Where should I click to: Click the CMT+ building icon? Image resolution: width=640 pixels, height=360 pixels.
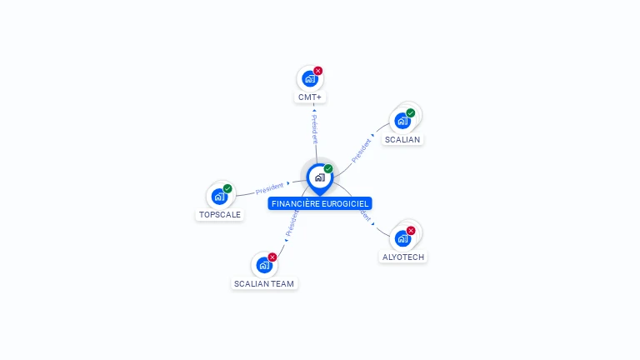tap(310, 79)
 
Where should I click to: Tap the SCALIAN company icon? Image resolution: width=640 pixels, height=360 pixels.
tap(402, 120)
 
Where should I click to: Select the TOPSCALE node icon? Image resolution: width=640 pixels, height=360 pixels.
tap(219, 197)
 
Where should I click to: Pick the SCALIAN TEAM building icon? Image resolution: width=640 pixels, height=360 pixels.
tap(264, 265)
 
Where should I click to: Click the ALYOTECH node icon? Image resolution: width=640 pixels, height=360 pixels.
tap(402, 238)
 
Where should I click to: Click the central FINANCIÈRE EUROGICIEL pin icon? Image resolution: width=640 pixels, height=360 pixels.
tap(319, 177)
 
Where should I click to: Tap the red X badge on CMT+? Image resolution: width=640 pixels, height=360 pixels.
tap(318, 71)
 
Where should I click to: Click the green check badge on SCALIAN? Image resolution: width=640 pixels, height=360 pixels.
tap(411, 112)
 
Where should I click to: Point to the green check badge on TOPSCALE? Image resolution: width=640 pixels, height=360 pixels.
tap(227, 188)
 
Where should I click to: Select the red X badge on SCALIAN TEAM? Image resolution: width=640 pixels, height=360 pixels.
tap(272, 257)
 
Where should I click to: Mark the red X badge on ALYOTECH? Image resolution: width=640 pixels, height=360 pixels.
tap(411, 230)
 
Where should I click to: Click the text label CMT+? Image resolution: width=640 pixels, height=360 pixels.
tap(310, 97)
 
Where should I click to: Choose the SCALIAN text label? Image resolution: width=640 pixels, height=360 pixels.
tap(402, 139)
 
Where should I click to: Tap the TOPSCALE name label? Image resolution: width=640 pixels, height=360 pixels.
tap(220, 214)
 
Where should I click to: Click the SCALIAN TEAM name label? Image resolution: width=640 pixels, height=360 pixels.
tap(264, 283)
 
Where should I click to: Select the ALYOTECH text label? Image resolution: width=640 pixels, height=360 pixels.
tap(403, 257)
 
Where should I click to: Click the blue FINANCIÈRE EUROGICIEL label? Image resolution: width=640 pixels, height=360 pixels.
tap(320, 203)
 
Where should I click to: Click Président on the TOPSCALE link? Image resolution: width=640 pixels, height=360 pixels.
tap(269, 187)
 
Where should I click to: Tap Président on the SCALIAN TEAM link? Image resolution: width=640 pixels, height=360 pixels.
tap(292, 223)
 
